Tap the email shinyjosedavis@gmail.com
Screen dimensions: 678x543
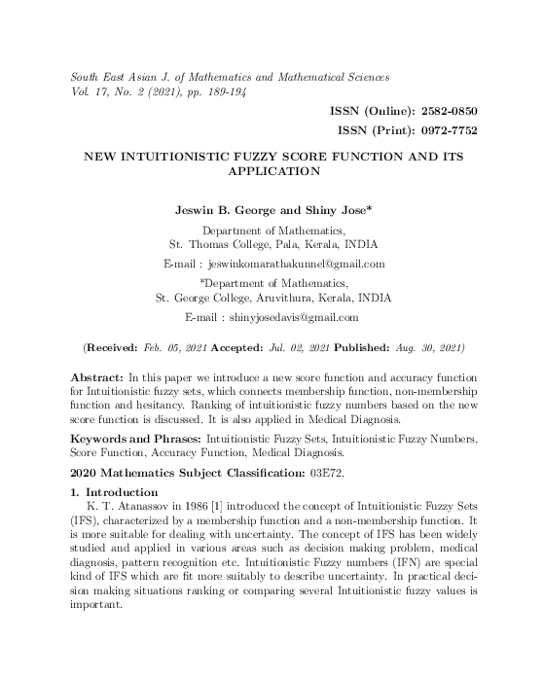pos(292,317)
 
